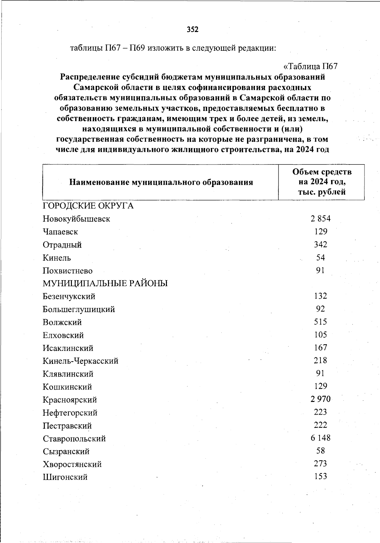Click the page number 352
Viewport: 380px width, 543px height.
click(193, 29)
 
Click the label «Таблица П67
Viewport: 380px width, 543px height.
click(310, 67)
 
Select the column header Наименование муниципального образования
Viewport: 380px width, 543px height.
click(161, 182)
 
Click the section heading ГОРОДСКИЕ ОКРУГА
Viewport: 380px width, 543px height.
click(88, 206)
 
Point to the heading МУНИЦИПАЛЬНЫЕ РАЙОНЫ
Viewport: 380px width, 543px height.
click(105, 283)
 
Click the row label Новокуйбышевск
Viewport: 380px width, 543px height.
click(76, 219)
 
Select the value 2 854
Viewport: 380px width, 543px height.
click(320, 218)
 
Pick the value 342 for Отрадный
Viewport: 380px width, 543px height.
click(320, 244)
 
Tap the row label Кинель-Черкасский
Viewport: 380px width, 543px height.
click(80, 361)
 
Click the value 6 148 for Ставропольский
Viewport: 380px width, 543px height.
click(320, 438)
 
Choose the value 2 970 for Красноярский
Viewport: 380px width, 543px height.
click(320, 399)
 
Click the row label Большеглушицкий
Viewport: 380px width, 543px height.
click(79, 309)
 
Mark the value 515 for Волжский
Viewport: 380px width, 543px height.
click(320, 322)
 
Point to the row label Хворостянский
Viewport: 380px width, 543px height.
click(72, 465)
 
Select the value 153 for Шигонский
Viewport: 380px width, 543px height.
click(320, 476)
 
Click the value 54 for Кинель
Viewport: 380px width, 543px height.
click(320, 257)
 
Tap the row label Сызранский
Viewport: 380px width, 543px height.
click(66, 451)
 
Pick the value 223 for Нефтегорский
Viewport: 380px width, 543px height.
click(320, 412)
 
